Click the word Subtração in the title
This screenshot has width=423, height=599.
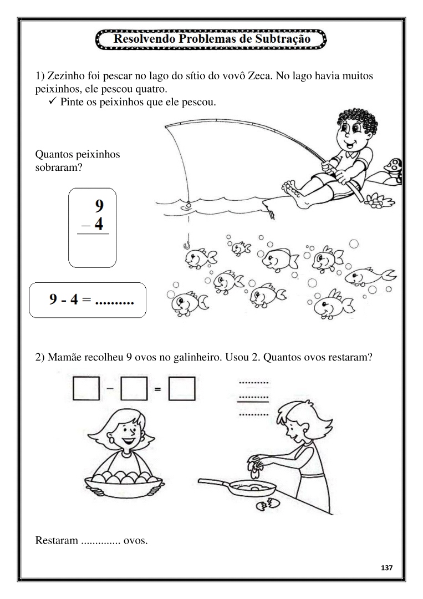(283, 39)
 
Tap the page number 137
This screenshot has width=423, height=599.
(386, 568)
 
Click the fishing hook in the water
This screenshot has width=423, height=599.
(187, 245)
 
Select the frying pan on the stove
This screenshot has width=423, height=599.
(237, 487)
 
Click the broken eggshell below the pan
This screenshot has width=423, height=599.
(268, 504)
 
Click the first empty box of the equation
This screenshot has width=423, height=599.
(86, 388)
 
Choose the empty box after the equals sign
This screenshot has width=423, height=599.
(182, 388)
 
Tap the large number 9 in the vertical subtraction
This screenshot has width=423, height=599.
(99, 206)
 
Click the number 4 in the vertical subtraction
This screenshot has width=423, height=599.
(99, 224)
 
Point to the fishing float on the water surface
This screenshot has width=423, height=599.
(188, 205)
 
